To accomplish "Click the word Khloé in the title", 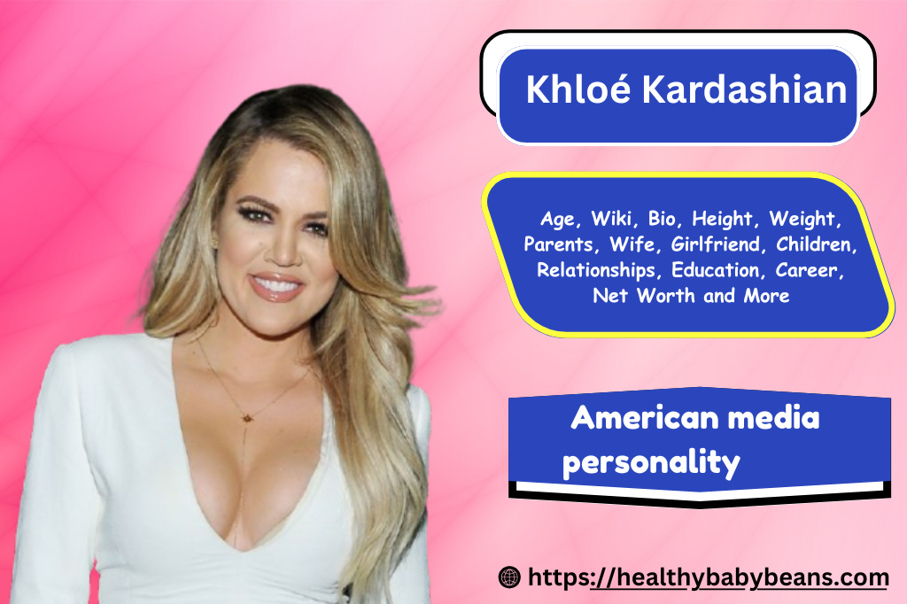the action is pos(578,89).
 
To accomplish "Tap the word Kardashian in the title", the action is pos(744,89).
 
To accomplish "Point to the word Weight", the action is pos(804,220).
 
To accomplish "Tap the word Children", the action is pos(816,244).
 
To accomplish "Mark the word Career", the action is pos(810,271).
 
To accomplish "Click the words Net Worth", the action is pos(644,296).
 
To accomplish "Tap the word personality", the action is pos(651,463).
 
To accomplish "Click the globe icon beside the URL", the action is pos(509,577).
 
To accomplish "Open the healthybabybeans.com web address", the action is pos(709,577).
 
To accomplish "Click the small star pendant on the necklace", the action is pos(248,417).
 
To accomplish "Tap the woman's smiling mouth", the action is pos(276,286).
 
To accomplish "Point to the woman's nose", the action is pos(283,250).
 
